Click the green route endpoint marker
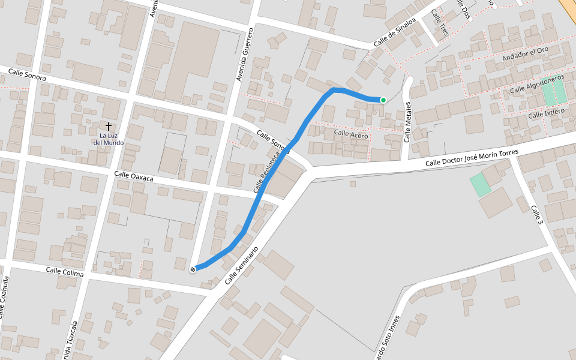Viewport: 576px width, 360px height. [383, 100]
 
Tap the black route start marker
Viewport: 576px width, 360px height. [193, 269]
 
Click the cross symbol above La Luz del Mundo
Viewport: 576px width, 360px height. [109, 127]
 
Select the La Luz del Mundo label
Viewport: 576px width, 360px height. [109, 139]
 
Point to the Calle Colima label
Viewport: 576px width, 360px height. [65, 271]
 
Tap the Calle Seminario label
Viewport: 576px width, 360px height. [245, 265]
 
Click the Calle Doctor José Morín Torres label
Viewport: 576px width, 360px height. [472, 158]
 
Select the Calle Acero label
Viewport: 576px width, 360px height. [351, 135]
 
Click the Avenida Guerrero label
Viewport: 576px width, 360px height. [245, 54]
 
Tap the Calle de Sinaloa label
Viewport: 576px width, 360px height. [394, 33]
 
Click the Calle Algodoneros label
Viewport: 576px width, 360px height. [538, 84]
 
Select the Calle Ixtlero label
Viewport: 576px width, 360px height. [547, 113]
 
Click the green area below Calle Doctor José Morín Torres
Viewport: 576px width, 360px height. [481, 185]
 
